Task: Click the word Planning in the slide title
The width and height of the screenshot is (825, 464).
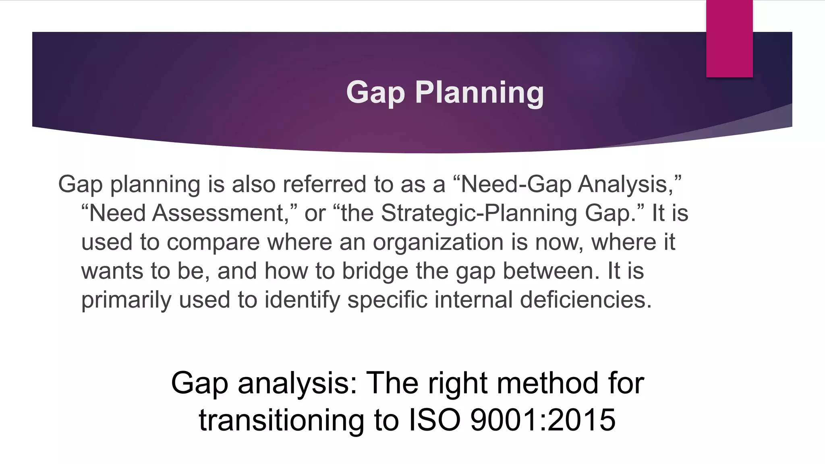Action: coord(479,93)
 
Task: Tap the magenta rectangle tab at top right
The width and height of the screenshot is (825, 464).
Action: coord(729,39)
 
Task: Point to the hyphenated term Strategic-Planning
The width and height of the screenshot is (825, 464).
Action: coord(479,213)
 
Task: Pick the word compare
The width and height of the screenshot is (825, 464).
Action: coord(213,242)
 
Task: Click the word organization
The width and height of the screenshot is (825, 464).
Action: coord(438,242)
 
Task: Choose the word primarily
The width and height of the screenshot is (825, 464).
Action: coord(126,300)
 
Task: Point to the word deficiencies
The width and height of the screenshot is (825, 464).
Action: coord(586,300)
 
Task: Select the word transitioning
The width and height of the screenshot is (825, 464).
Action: coord(281,420)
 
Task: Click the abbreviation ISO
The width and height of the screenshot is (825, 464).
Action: coord(434,420)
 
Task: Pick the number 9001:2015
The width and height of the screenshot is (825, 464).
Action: coord(543,420)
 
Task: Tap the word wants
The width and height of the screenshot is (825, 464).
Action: coord(112,271)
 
